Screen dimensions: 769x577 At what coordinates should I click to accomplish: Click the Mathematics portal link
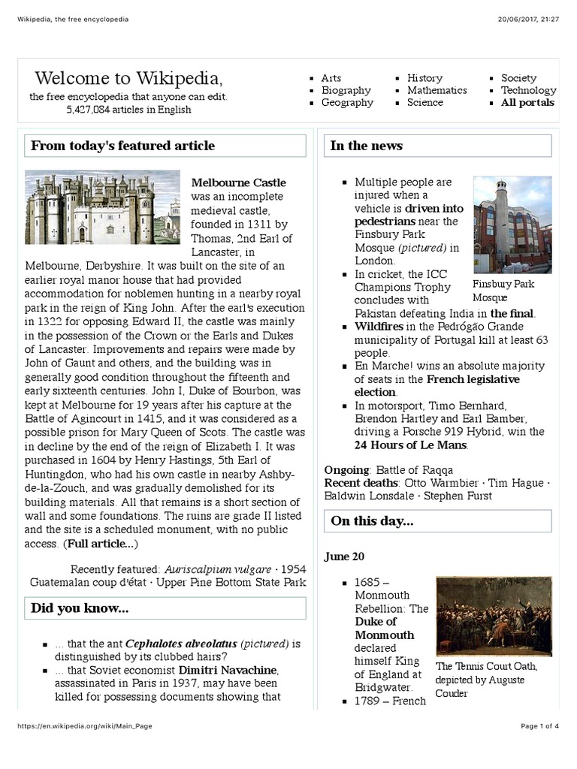pyautogui.click(x=437, y=90)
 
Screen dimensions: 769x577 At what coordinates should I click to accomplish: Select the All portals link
pyautogui.click(x=527, y=103)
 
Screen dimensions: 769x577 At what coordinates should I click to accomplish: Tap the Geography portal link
pyautogui.click(x=347, y=103)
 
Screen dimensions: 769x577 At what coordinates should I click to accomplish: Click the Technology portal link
pyautogui.click(x=528, y=90)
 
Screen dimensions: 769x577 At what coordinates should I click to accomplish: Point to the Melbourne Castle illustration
pyautogui.click(x=102, y=207)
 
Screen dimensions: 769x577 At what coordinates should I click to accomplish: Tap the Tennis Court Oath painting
pyautogui.click(x=494, y=616)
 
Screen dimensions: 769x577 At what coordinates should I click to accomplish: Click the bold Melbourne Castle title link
pyautogui.click(x=238, y=182)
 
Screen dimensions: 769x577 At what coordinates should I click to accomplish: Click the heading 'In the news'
pyautogui.click(x=367, y=146)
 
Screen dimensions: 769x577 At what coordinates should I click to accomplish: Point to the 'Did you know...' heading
pyautogui.click(x=80, y=608)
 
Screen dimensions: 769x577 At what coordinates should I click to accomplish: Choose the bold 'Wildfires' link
pyautogui.click(x=379, y=327)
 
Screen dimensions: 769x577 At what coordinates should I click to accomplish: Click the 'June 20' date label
pyautogui.click(x=344, y=556)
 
